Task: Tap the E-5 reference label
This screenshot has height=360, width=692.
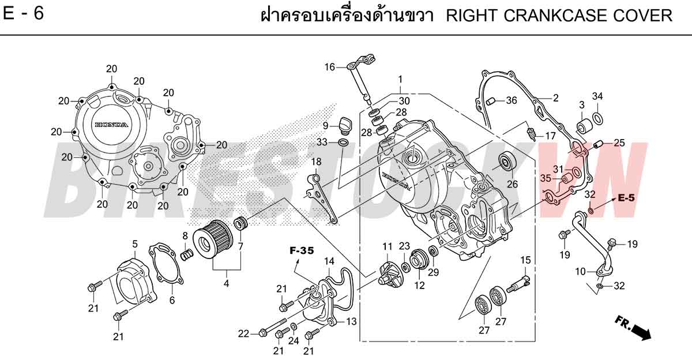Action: (626, 198)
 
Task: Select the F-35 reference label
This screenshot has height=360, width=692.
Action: (302, 250)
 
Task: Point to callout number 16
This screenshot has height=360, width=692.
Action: (330, 67)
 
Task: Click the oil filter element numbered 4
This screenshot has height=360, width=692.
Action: (213, 237)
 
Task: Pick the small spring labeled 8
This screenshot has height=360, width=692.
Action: (187, 255)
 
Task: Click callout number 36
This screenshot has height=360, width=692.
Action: (512, 100)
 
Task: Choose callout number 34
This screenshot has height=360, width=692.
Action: (597, 96)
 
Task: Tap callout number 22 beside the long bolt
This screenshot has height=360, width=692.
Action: (243, 333)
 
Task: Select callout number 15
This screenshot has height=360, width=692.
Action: (525, 260)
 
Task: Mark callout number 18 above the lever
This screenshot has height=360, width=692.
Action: (316, 162)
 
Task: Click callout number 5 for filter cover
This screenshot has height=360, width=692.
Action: (135, 244)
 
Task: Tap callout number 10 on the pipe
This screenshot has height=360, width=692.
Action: (581, 272)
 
